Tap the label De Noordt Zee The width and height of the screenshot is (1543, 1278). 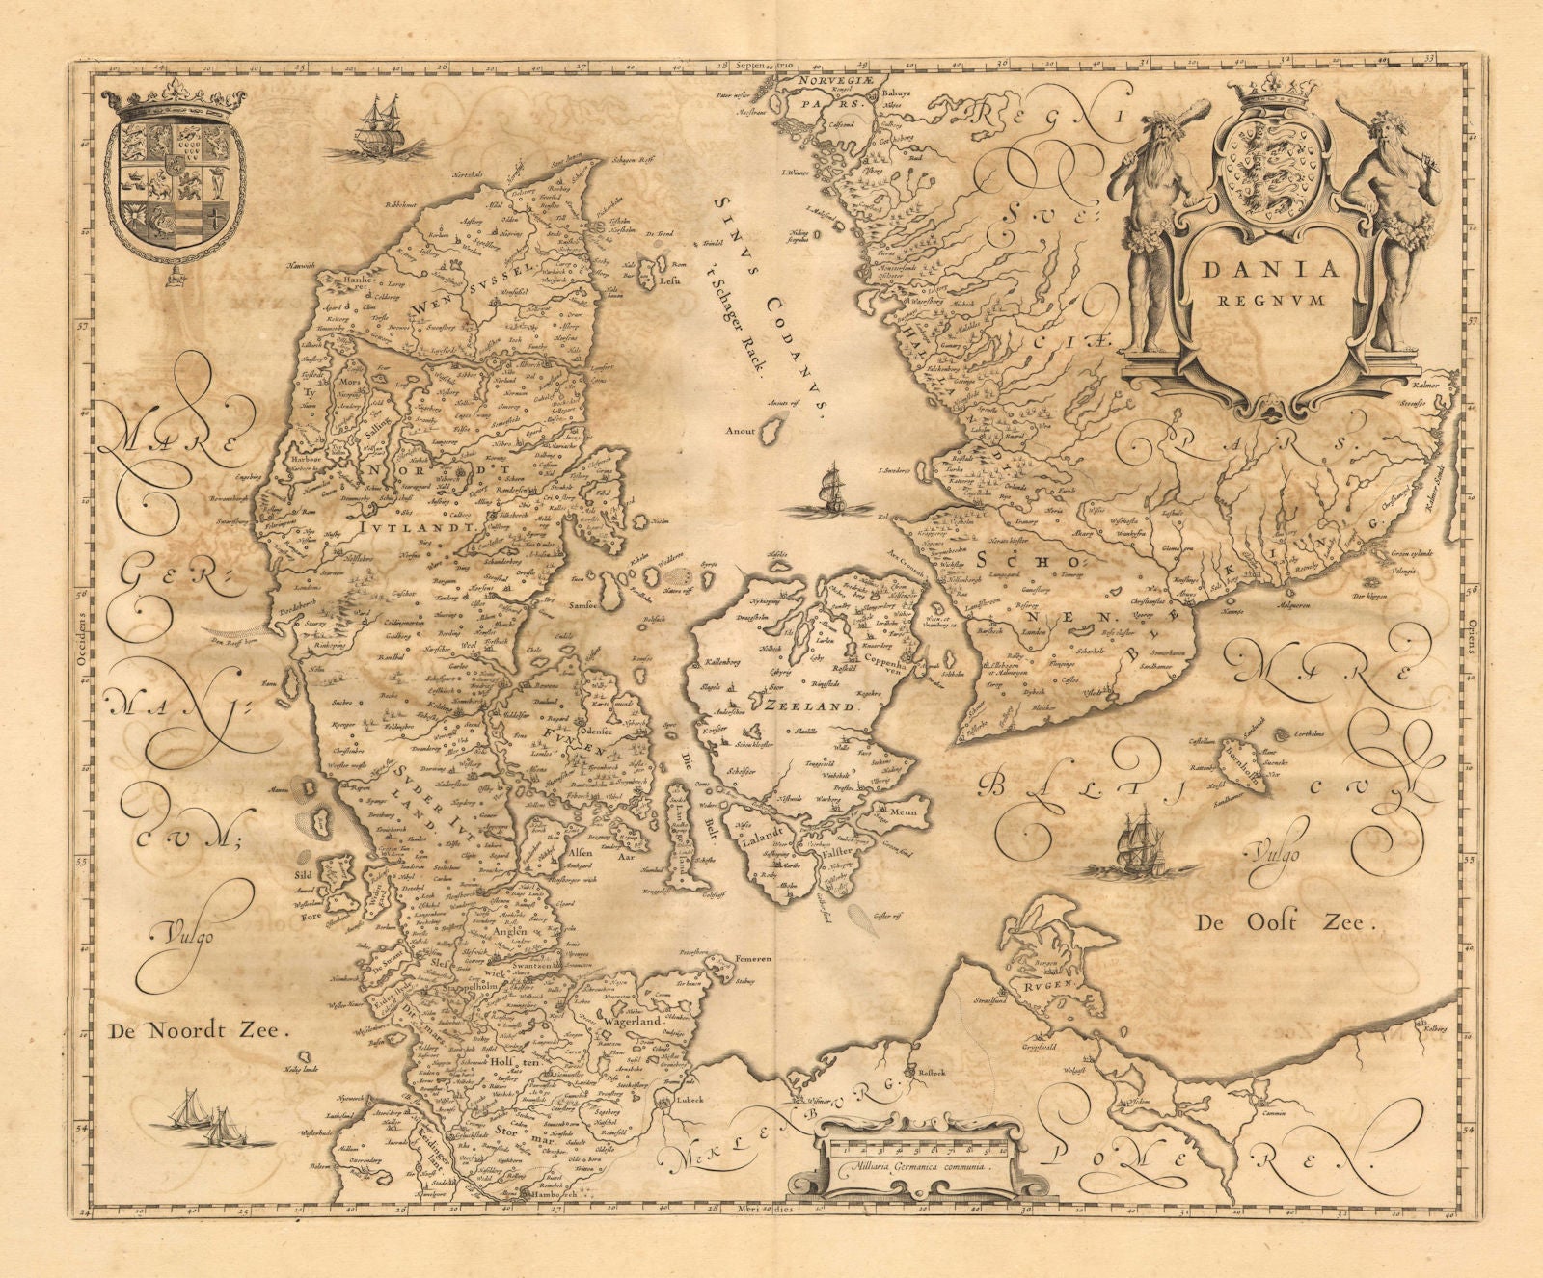click(193, 1030)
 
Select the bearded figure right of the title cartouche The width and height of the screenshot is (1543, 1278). click(1393, 231)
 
